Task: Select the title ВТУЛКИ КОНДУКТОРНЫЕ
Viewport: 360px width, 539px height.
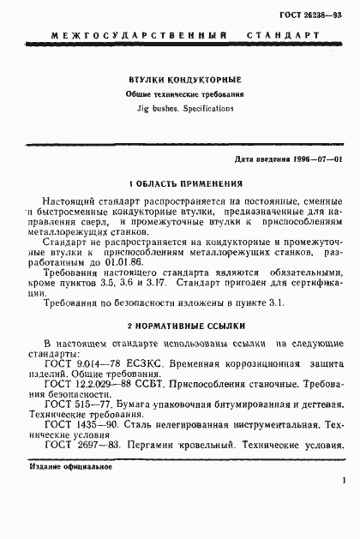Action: coord(179,79)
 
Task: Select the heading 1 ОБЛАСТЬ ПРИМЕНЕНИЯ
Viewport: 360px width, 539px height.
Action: coord(180,183)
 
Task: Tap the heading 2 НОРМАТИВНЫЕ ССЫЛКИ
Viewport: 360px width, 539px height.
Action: coord(180,326)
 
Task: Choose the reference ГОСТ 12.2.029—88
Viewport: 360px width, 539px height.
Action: coord(85,388)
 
